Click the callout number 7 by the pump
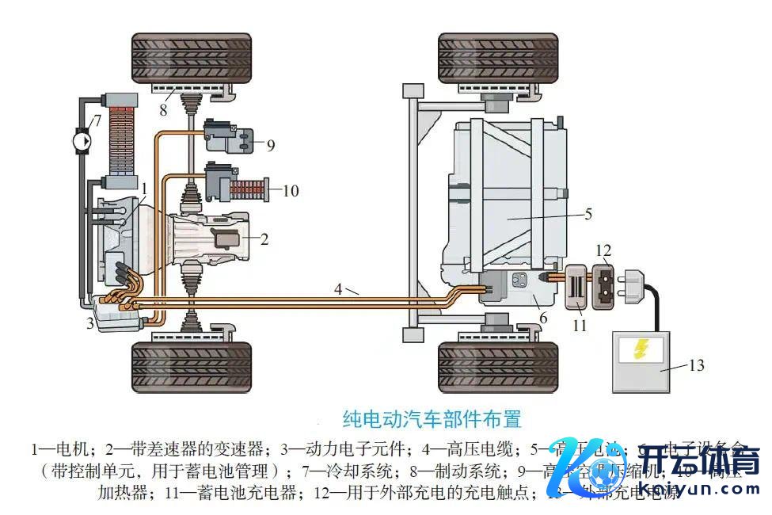[x=97, y=121]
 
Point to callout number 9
[x=270, y=145]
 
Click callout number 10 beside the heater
[x=291, y=190]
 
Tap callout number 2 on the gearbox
[x=264, y=238]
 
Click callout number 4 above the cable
[x=338, y=289]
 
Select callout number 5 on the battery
[x=588, y=213]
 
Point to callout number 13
[x=696, y=365]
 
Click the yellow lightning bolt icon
[x=641, y=349]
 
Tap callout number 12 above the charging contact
[x=603, y=253]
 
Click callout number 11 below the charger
[x=580, y=325]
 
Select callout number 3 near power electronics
[x=90, y=323]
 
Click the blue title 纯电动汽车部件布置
[x=432, y=418]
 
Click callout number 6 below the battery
[x=542, y=319]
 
